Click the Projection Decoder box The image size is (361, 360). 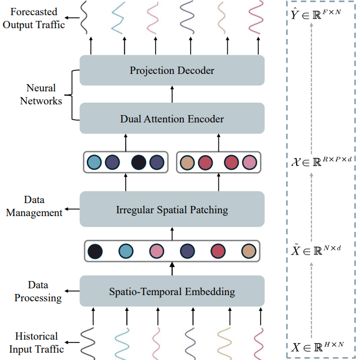tap(172, 71)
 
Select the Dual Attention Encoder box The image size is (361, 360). tap(172, 118)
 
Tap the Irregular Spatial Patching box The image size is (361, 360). tap(172, 210)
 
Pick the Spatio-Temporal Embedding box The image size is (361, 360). tap(172, 292)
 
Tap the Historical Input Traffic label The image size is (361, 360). tap(37, 343)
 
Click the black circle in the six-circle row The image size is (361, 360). tap(95, 251)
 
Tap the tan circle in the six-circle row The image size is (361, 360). tap(248, 251)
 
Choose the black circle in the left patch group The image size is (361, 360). tap(138, 163)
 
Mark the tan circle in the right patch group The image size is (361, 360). tap(187, 163)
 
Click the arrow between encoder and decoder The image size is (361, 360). tap(172, 94)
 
